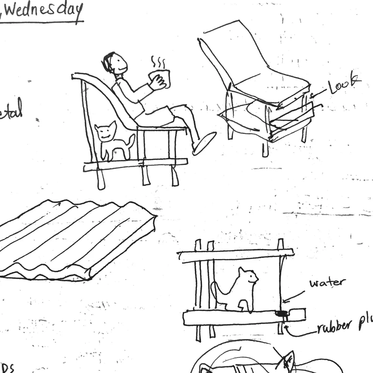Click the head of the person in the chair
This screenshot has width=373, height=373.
(x=116, y=63)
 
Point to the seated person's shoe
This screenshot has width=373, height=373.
(x=204, y=143)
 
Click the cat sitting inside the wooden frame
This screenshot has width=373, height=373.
(x=241, y=289)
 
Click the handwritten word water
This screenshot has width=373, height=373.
(x=327, y=282)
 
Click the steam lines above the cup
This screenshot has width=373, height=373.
(x=158, y=62)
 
